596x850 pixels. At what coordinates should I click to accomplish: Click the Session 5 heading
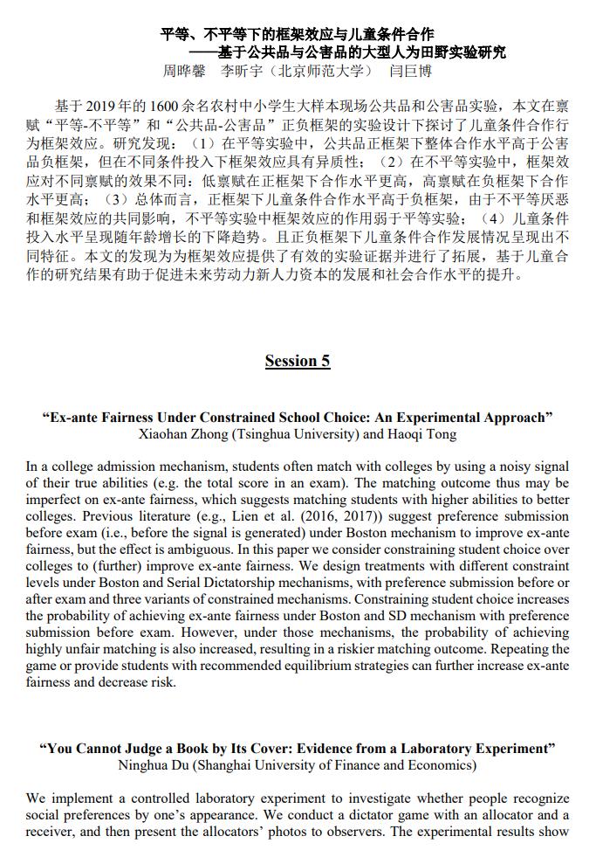click(x=298, y=361)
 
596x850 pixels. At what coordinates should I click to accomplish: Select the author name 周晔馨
click(x=186, y=71)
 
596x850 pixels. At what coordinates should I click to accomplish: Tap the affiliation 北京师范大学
click(x=321, y=71)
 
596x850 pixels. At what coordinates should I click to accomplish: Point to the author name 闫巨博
click(x=410, y=71)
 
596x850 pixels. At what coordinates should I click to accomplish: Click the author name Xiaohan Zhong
click(x=177, y=434)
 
